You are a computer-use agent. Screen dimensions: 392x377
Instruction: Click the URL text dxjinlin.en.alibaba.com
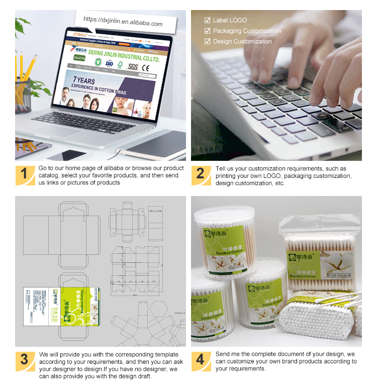(123, 23)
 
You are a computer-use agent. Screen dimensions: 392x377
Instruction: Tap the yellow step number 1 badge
(24, 174)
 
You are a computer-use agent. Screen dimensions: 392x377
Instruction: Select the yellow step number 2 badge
(200, 174)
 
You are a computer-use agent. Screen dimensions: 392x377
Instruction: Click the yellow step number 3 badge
(24, 360)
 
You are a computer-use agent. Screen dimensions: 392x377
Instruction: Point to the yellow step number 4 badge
(200, 360)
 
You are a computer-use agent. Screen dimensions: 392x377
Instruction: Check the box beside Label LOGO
(207, 21)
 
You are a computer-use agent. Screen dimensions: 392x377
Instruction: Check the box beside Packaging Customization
(207, 31)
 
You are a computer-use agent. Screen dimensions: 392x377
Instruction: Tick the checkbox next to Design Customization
(207, 42)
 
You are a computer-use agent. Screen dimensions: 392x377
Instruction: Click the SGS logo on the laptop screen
(133, 66)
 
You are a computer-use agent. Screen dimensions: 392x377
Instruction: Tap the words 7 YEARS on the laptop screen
(83, 80)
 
